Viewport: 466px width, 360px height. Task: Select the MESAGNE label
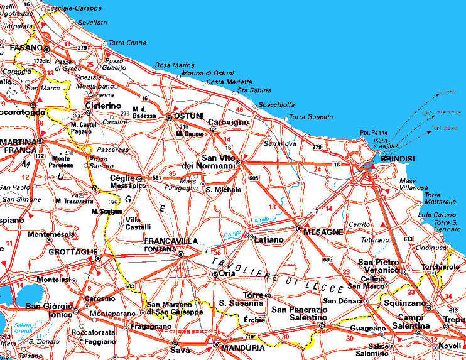coord(323,232)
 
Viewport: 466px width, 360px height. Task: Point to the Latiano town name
coord(269,239)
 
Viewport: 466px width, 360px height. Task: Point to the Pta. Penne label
coord(373,133)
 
